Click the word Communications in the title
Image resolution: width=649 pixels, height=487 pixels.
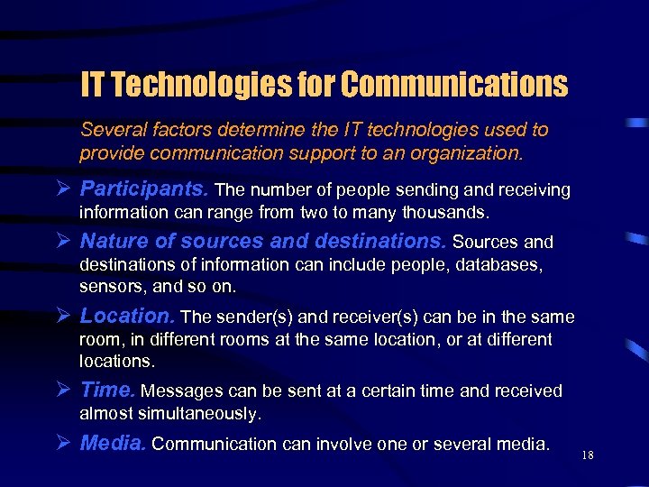pos(455,85)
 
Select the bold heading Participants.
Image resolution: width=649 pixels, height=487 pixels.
pos(144,189)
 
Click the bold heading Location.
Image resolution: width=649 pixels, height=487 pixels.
pos(128,317)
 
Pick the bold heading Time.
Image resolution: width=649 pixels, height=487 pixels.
pos(107,391)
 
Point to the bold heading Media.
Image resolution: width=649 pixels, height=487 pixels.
pos(114,443)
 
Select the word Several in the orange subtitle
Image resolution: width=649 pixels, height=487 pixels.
pos(113,129)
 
